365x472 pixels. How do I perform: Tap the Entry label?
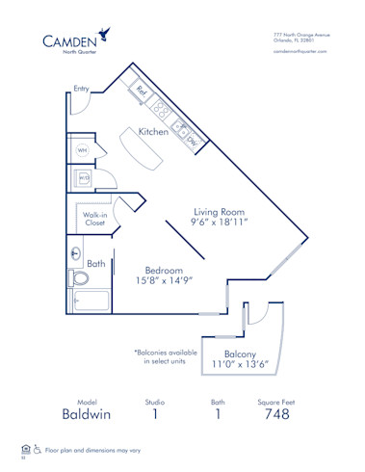click(x=81, y=89)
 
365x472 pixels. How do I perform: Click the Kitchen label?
click(x=154, y=131)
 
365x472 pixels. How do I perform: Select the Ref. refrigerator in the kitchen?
click(x=142, y=92)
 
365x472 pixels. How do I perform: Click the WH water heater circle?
click(x=83, y=150)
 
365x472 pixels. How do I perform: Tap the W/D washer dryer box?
click(x=84, y=178)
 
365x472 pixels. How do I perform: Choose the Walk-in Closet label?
click(x=94, y=218)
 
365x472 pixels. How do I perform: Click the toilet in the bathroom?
click(x=80, y=278)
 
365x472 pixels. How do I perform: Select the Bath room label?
click(x=96, y=263)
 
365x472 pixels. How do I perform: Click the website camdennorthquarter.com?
click(x=300, y=51)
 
